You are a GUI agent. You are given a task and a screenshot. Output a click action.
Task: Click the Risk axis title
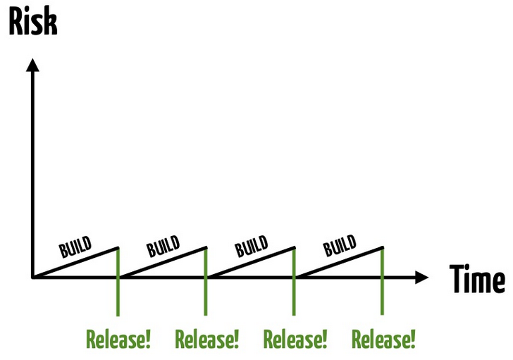coord(33,21)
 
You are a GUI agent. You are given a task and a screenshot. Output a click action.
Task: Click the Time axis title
coord(477,279)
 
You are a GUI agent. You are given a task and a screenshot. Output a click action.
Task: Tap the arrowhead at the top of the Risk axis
coord(32,65)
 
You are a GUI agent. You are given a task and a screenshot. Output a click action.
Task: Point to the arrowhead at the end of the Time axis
coord(421,278)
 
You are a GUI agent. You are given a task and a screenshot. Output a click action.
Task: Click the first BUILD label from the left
coord(75,247)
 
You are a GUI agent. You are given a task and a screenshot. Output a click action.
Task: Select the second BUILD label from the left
coord(163,246)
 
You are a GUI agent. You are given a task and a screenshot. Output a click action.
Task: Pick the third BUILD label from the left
coord(252,246)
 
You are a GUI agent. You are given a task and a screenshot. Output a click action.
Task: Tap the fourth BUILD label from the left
coord(340,246)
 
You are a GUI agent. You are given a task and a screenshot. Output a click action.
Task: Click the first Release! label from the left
coord(118,340)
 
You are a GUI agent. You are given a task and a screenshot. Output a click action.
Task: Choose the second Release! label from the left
coord(206,340)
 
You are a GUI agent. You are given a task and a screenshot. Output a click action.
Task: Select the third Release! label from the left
coord(295,340)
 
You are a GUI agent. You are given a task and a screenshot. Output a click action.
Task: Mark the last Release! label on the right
coord(383,340)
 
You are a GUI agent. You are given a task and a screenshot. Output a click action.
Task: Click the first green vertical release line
coord(118,282)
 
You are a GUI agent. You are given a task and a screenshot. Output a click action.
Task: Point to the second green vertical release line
coord(206,281)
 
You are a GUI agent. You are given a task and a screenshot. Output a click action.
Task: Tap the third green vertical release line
coord(294,281)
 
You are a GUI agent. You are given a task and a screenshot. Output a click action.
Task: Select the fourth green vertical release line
coord(382,280)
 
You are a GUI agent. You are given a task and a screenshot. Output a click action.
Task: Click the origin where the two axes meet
coord(32,278)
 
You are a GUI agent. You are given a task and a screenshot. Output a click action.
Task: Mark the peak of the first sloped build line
coord(118,248)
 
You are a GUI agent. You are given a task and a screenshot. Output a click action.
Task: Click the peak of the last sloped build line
coord(383,247)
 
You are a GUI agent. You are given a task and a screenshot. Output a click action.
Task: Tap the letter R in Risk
coord(16,22)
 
